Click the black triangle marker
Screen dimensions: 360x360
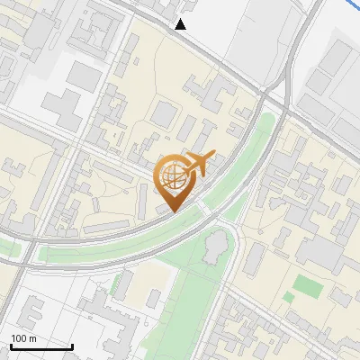click(x=181, y=24)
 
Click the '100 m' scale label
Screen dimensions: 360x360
click(x=23, y=337)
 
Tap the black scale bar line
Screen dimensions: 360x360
click(x=40, y=346)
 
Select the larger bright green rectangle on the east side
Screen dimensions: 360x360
click(x=309, y=286)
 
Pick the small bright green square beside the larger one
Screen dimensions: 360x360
click(x=288, y=296)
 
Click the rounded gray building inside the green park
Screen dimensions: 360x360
click(x=215, y=246)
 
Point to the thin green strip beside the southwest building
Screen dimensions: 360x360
click(x=116, y=286)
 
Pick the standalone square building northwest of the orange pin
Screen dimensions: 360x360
click(x=163, y=113)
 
